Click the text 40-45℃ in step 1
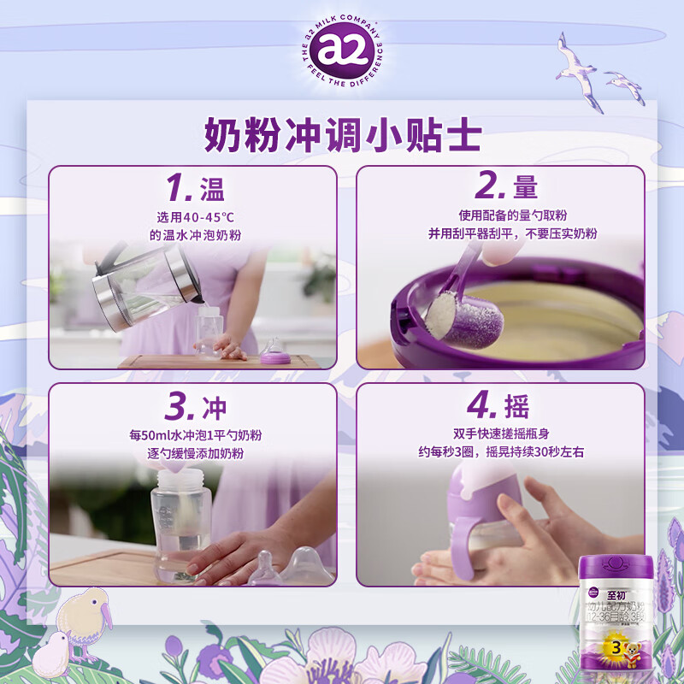[x=193, y=216]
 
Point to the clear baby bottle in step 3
[x=181, y=522]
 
